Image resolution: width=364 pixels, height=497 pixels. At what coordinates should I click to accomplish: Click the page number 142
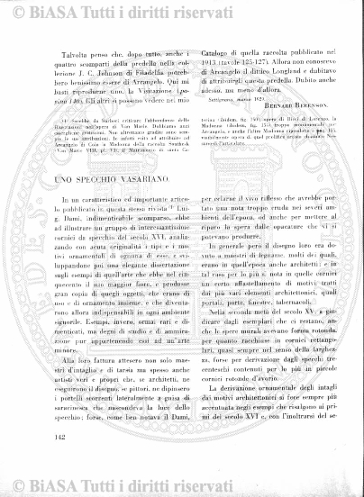pos(61,464)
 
